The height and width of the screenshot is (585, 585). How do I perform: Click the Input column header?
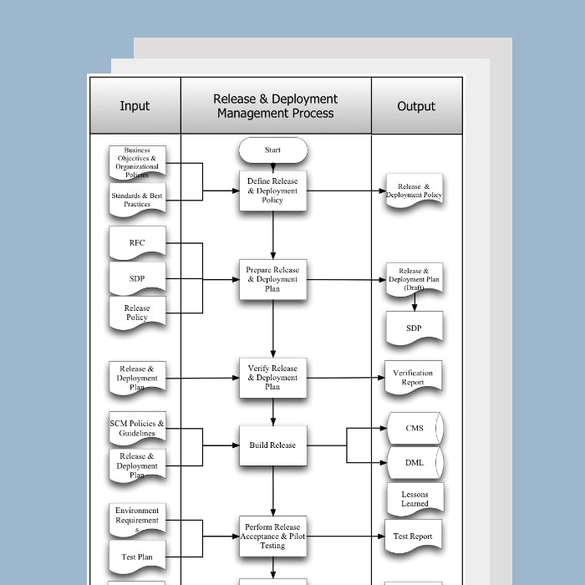tap(135, 106)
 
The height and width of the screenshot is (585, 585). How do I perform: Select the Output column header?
tap(416, 106)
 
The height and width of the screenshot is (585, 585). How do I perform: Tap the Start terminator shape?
tap(273, 150)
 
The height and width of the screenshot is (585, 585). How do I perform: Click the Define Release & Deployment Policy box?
tap(272, 191)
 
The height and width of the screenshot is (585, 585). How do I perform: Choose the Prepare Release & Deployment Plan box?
tap(272, 279)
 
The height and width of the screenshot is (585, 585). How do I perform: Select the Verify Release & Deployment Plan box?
tap(272, 378)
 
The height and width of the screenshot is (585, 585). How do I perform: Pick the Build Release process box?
tap(272, 445)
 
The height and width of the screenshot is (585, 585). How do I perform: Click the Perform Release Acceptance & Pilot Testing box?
tap(272, 537)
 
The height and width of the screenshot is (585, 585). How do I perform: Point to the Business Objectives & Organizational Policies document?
tap(137, 162)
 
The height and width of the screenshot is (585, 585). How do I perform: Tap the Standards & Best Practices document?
tap(137, 200)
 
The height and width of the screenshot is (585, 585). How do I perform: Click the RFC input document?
tap(137, 243)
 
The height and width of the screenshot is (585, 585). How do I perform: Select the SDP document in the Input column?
tap(137, 278)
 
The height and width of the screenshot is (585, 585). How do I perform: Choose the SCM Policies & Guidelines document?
tap(137, 429)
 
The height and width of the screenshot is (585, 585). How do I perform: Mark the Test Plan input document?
tap(137, 557)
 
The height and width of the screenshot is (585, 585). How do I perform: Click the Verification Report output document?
tap(414, 378)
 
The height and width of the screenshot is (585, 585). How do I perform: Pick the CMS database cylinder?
tap(415, 429)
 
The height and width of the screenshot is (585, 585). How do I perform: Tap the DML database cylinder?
tap(415, 462)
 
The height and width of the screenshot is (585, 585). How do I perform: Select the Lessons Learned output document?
tap(415, 499)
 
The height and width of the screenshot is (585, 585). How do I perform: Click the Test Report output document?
tap(414, 537)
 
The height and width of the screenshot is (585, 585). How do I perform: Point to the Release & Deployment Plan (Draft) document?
tap(414, 279)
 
